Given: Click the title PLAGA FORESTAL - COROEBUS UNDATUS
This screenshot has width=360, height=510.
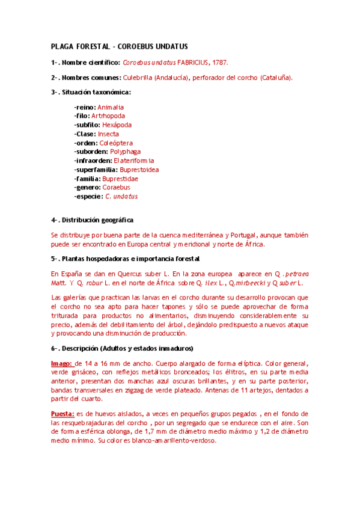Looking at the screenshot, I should coord(120,46).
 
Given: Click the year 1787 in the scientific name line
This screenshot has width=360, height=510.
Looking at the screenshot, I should coord(219,62).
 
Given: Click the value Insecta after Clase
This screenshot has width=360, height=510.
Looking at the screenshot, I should coord(108,134).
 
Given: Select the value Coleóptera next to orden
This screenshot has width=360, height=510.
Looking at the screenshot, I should coord(116,143).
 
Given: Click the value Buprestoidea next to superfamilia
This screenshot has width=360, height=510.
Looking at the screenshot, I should coord(138,170).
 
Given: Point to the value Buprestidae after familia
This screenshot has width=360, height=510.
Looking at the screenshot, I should coord(120,179).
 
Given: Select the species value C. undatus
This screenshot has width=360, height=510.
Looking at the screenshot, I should coord(121,196).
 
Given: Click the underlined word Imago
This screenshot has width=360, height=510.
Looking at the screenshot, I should coord(61,363).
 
